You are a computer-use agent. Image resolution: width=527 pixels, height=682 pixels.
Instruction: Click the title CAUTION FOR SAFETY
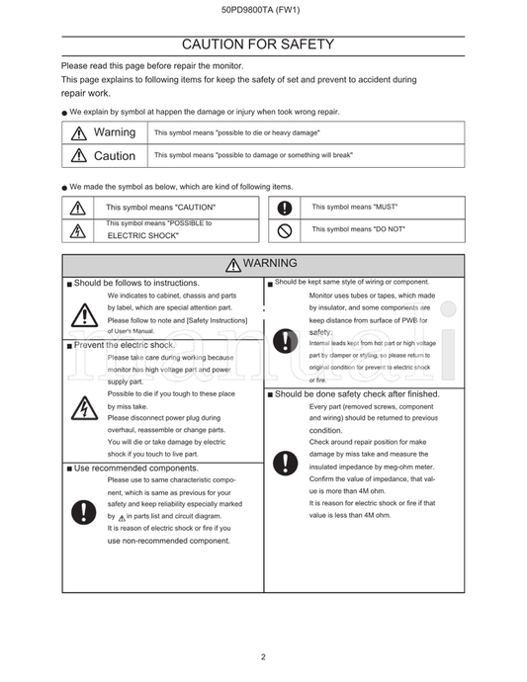(x=263, y=44)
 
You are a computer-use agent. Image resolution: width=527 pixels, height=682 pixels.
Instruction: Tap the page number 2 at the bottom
(x=263, y=656)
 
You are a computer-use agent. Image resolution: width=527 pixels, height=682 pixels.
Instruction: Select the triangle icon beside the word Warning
(x=78, y=133)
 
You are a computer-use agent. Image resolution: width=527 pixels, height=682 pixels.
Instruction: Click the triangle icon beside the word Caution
(x=78, y=156)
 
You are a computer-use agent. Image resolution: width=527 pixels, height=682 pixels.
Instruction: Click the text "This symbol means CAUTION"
(x=160, y=208)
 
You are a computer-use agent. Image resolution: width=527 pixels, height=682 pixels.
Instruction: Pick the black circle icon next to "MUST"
(x=285, y=208)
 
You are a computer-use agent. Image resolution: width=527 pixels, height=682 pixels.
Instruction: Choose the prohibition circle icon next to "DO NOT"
(x=285, y=230)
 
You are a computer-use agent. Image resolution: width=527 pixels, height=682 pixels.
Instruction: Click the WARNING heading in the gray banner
(x=262, y=264)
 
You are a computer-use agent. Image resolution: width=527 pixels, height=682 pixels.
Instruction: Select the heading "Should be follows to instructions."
(x=135, y=283)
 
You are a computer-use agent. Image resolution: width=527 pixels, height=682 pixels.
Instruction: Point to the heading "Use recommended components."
(x=135, y=468)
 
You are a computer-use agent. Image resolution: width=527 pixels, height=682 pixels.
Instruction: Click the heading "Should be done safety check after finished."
(x=356, y=393)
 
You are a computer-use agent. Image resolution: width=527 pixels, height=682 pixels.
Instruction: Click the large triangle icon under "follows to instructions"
(x=84, y=315)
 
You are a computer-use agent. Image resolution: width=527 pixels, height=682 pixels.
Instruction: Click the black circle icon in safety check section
(x=285, y=463)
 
